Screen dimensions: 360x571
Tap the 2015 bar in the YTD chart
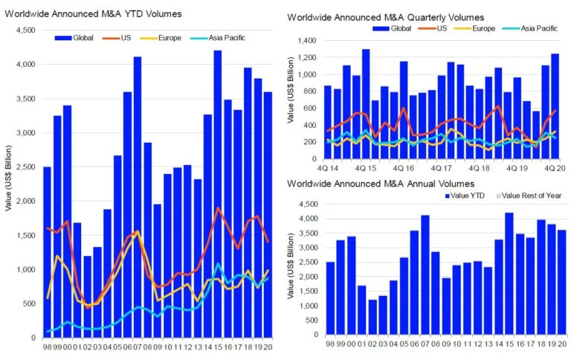point(217,193)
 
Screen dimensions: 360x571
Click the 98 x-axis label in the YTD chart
point(47,347)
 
